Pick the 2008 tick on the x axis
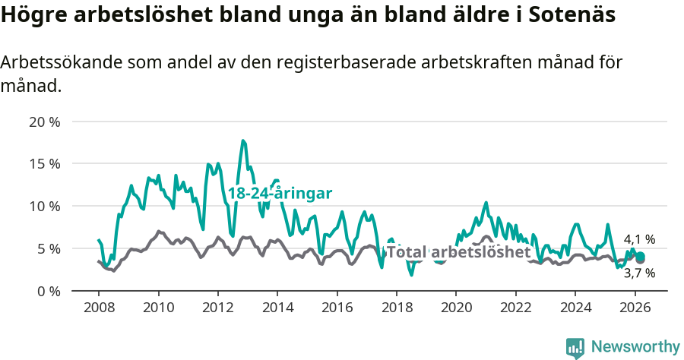point(99,308)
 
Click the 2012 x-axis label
point(217,308)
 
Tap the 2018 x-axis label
point(396,308)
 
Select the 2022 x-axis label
point(515,308)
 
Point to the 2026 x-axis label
point(634,308)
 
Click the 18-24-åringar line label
point(280,194)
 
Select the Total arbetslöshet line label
point(458,252)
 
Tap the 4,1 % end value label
point(639,239)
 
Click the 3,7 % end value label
point(639,273)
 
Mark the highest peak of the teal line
point(243,141)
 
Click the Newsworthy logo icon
point(575,347)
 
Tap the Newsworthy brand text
point(635,347)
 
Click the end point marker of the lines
point(640,257)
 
